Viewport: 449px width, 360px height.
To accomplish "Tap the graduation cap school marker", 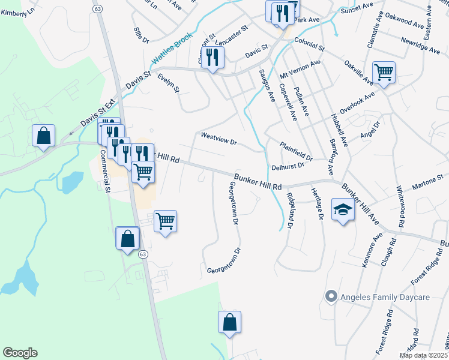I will pos(343,210).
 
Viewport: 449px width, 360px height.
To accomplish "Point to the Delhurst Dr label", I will pos(286,167).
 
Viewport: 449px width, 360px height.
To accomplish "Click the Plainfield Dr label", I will pos(297,150).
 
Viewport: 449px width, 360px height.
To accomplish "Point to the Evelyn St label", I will pos(169,83).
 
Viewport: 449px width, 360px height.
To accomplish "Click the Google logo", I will pos(20,353).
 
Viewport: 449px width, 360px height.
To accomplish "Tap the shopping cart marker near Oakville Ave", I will pos(384,73).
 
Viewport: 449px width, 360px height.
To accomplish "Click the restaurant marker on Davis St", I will pos(212,58).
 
